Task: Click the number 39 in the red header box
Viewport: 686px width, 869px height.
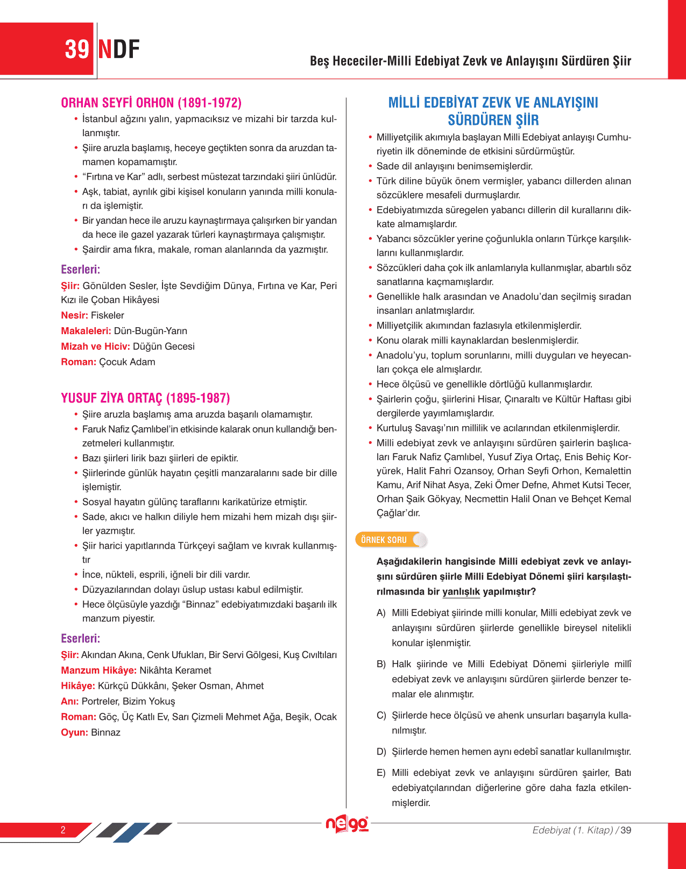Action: point(77,50)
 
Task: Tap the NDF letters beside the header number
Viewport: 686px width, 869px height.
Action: point(119,50)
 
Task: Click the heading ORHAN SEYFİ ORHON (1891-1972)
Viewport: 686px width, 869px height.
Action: point(151,103)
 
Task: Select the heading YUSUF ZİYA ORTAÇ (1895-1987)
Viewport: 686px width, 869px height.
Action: point(145,398)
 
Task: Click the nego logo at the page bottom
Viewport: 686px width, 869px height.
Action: point(347,824)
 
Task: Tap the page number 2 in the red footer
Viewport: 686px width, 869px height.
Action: point(63,830)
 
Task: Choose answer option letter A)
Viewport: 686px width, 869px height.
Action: point(381,613)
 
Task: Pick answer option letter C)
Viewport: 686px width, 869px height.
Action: point(381,715)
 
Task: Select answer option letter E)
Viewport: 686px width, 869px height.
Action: point(381,773)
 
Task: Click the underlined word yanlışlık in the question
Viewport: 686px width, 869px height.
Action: point(461,592)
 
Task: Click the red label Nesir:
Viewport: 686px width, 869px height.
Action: point(74,315)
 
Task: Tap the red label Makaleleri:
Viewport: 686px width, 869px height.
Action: point(86,331)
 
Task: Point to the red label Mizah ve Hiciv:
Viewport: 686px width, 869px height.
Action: point(95,347)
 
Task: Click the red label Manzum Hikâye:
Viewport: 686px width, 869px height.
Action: point(98,670)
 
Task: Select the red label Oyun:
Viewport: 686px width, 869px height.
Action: point(74,732)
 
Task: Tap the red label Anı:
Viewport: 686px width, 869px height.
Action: point(69,702)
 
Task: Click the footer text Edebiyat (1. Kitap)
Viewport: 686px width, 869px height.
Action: point(572,830)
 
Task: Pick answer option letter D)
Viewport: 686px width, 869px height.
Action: point(381,752)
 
